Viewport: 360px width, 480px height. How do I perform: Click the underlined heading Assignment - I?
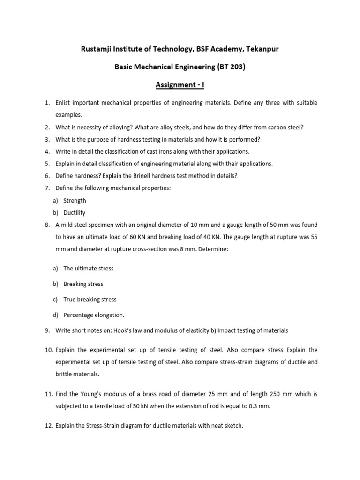[x=180, y=85]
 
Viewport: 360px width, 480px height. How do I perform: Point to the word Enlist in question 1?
[x=63, y=103]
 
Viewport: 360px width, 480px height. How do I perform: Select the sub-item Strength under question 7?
[x=75, y=200]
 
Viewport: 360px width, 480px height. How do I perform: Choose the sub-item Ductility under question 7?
[x=75, y=212]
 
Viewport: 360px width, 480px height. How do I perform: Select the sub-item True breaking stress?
[x=90, y=299]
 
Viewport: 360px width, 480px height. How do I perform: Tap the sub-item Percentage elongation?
[x=94, y=315]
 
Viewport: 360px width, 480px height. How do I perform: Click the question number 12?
[x=49, y=426]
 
